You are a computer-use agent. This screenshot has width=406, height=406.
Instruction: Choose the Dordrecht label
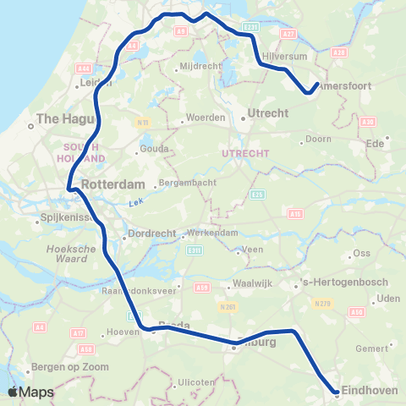tap(150, 233)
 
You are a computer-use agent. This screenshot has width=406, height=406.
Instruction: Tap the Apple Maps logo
tap(30, 392)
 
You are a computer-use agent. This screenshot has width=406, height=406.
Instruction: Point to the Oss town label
tap(362, 253)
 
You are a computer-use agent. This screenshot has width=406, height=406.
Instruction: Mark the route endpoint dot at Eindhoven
tap(337, 392)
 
